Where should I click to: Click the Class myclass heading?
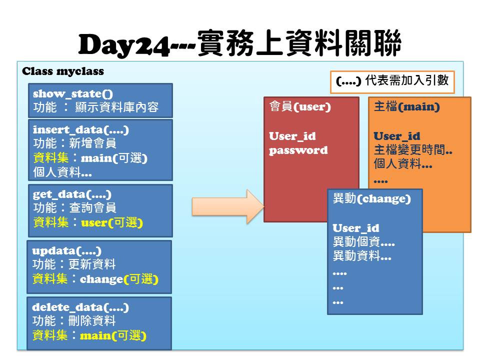point(63,71)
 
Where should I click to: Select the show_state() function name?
point(73,93)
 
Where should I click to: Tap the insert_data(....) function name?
point(81,130)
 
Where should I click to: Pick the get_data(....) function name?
point(72,194)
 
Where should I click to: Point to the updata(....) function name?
point(66,251)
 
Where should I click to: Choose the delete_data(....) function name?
point(80,307)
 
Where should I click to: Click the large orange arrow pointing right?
point(228,206)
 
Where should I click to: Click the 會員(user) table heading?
point(300,106)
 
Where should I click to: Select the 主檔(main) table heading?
point(407,106)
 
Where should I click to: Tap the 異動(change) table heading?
point(371,198)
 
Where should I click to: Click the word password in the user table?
point(298,150)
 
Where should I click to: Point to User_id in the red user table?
point(292,136)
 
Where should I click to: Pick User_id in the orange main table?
point(397,136)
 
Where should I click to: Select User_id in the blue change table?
point(356,228)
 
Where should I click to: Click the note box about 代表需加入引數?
point(392,82)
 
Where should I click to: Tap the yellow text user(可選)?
point(112,222)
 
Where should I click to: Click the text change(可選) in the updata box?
point(119,279)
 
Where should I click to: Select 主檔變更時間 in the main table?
point(409,150)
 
